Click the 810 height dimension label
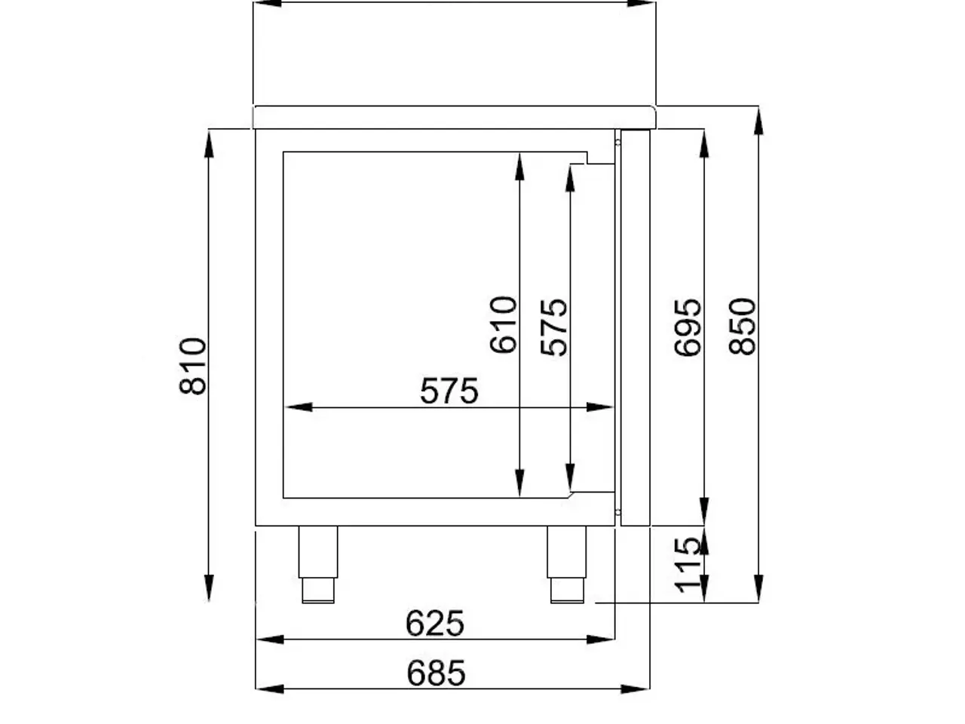192,367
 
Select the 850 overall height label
742,326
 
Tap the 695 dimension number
688,327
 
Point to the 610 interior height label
503,325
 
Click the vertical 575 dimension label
554,327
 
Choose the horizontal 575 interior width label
449,391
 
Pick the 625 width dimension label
434,623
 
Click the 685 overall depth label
436,673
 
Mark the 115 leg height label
688,565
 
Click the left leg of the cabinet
318,564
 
